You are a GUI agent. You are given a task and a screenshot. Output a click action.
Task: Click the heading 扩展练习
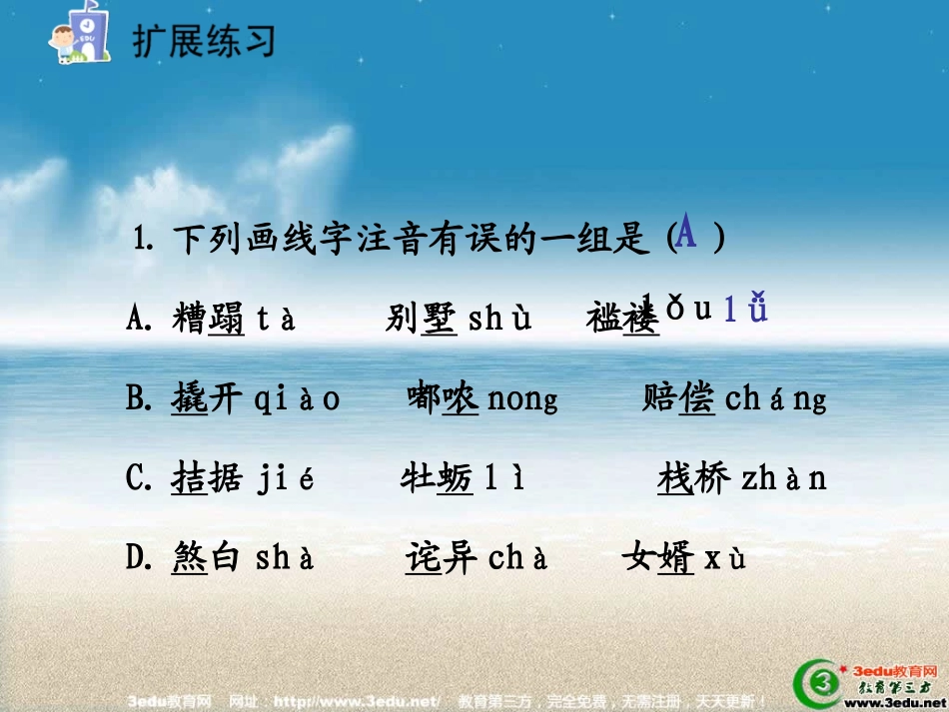[203, 41]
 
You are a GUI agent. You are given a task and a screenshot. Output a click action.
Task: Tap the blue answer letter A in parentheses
[686, 235]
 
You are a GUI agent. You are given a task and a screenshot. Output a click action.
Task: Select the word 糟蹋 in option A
[208, 320]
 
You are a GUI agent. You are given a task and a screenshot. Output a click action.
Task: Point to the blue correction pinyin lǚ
[745, 310]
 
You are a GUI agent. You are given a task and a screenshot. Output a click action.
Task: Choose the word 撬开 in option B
[207, 398]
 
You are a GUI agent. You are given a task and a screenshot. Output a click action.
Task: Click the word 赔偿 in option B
[678, 398]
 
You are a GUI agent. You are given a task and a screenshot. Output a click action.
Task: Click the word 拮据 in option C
[207, 478]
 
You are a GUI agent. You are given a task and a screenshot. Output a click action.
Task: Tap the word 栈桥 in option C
[694, 478]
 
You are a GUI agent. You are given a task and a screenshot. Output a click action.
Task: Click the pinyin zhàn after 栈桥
[784, 479]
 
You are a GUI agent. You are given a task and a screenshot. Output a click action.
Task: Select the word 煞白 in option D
[207, 557]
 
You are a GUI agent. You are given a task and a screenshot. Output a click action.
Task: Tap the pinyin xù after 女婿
[725, 558]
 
